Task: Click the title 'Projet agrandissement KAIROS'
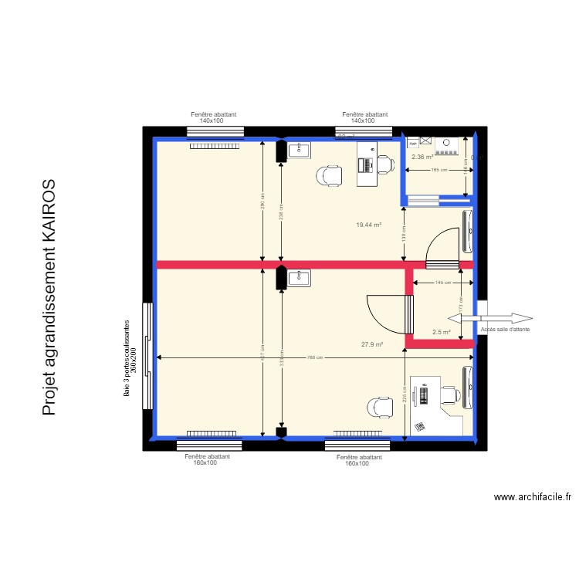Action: (49, 298)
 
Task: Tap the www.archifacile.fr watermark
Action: (535, 498)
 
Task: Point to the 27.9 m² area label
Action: (372, 344)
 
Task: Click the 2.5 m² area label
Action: (441, 332)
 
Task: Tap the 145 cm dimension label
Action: (442, 283)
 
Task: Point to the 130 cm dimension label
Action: (404, 232)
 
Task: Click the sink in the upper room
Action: (299, 150)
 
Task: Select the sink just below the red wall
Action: (299, 277)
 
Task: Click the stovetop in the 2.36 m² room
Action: (446, 144)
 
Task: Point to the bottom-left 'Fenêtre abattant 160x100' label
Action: (208, 459)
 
